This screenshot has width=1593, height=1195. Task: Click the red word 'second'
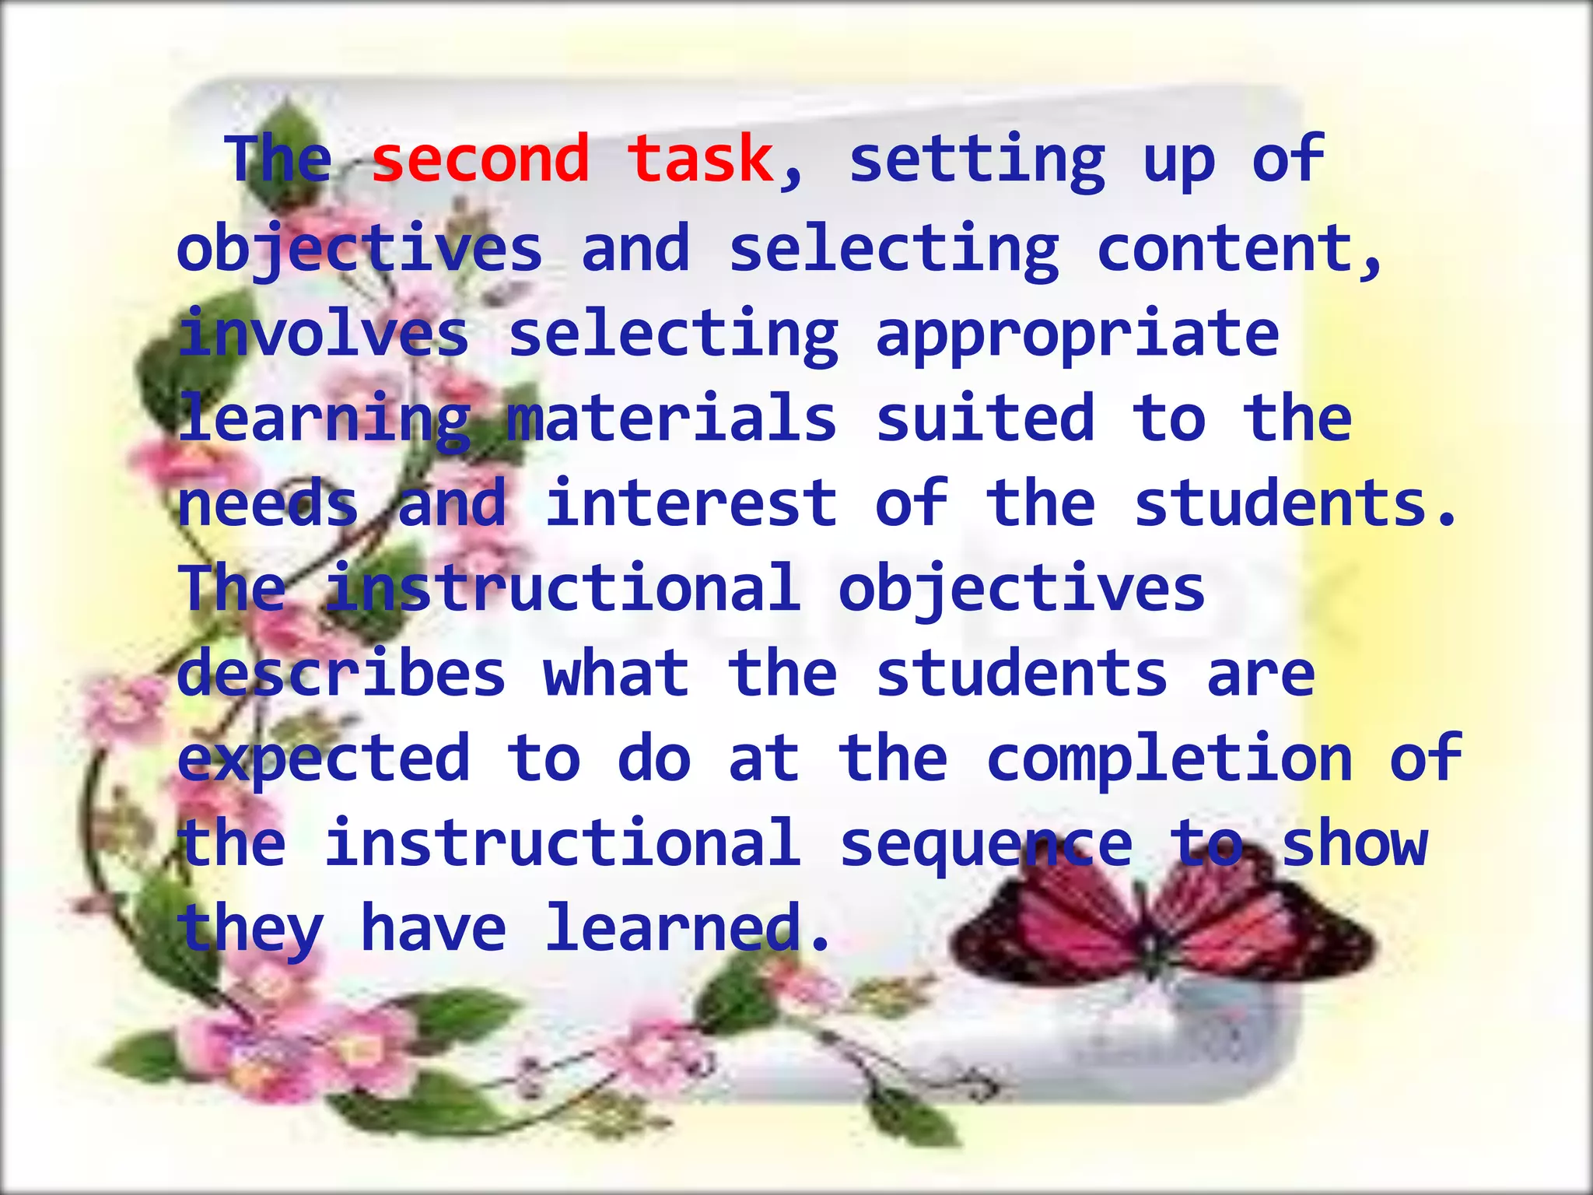click(x=480, y=159)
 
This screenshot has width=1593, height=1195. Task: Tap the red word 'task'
click(x=700, y=159)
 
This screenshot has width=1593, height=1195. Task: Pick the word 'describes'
click(x=341, y=673)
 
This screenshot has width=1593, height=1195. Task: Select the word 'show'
click(x=1354, y=843)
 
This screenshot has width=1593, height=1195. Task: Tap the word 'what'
click(x=616, y=673)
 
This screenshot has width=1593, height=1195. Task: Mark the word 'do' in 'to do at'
click(x=654, y=759)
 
